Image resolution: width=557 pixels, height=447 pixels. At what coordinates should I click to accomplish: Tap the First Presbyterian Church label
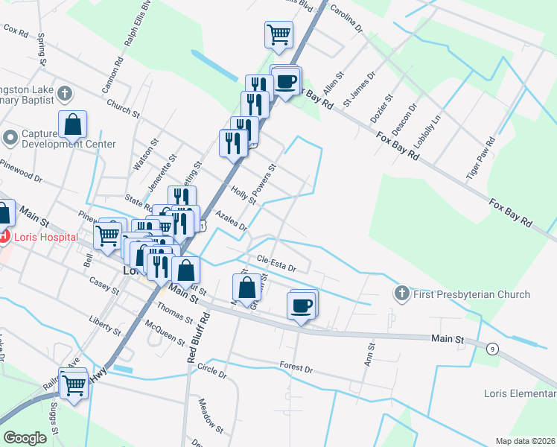[x=471, y=294]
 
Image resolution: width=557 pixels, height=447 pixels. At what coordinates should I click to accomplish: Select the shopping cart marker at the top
[x=278, y=34]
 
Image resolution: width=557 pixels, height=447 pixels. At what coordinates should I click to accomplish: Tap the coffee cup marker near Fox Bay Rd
[x=286, y=81]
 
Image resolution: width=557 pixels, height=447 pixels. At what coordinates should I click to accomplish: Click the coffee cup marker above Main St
[x=302, y=305]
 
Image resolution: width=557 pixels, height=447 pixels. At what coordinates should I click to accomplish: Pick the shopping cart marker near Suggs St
[x=74, y=386]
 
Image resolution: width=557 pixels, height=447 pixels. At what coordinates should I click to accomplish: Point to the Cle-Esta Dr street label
[x=277, y=263]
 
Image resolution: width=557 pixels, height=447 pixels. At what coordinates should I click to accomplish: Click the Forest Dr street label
[x=296, y=366]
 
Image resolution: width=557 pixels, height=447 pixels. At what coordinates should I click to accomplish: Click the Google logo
[x=25, y=438]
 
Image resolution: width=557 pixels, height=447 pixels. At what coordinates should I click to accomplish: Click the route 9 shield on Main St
[x=492, y=348]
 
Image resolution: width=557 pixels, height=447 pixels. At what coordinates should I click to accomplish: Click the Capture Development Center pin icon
[x=10, y=138]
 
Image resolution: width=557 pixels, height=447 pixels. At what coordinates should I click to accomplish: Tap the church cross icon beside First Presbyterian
[x=403, y=294]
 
